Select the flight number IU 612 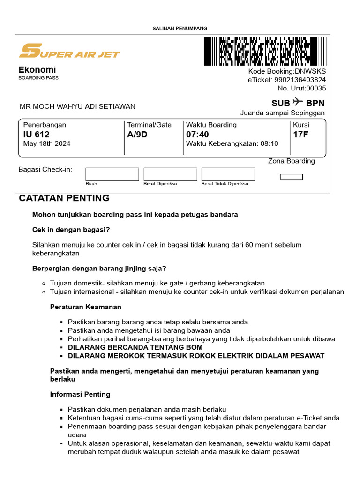click(x=37, y=135)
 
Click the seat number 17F click(x=300, y=135)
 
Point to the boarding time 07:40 click(x=197, y=135)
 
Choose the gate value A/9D click(x=137, y=135)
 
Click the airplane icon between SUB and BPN click(x=298, y=102)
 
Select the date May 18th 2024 click(x=47, y=143)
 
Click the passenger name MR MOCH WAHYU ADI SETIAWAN click(x=77, y=106)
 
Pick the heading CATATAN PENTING click(x=64, y=198)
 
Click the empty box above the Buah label click(x=112, y=174)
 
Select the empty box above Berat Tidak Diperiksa click(x=228, y=174)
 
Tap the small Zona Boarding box click(x=291, y=177)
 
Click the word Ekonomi click(x=37, y=70)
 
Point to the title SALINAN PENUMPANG click(x=180, y=28)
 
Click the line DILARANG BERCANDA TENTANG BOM click(x=135, y=347)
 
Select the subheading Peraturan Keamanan click(x=86, y=307)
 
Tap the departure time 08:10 click(x=269, y=143)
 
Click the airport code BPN click(x=315, y=103)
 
